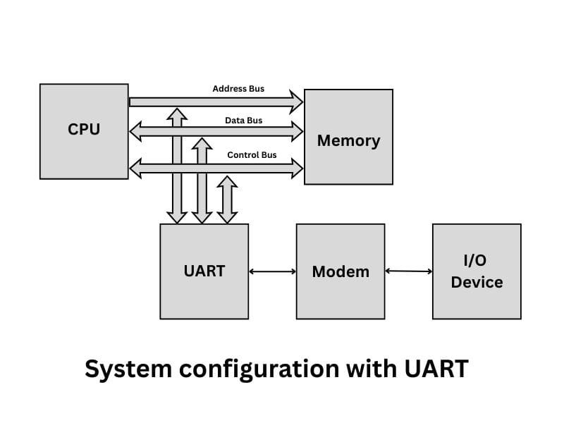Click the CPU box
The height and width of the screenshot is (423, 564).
point(84,131)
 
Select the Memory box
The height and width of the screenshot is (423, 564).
point(348,137)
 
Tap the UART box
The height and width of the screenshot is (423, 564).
point(204,271)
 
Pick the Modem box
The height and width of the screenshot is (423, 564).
point(341,271)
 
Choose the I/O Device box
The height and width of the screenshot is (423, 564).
point(477,271)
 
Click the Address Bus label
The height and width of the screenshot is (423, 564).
point(238,89)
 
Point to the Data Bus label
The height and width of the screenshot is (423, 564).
point(243,121)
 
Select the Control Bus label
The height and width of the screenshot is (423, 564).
point(252,154)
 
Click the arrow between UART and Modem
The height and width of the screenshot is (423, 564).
point(272,271)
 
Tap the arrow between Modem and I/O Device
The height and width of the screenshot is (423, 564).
point(409,271)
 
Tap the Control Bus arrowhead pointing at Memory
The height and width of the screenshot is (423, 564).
point(296,168)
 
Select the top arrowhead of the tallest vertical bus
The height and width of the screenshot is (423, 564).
point(177,114)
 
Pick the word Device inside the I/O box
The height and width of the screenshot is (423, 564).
point(477,282)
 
